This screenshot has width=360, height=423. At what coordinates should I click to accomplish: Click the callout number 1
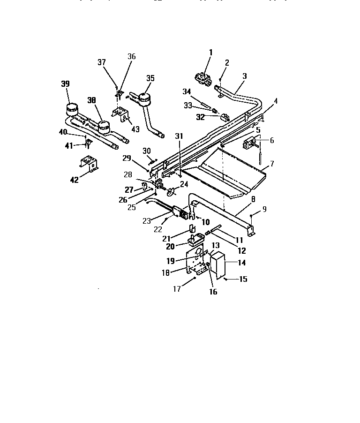point(210,53)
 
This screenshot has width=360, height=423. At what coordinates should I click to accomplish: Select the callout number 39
point(65,84)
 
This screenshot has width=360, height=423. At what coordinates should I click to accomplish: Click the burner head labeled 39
point(71,109)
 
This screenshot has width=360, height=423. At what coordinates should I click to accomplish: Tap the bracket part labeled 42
point(89,164)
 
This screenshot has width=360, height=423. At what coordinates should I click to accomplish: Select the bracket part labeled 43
point(121,114)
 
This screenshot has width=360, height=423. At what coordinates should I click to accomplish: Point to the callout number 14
point(241,263)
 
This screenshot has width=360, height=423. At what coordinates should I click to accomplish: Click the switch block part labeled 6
point(249,144)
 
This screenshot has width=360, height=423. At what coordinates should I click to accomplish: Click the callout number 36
point(131,57)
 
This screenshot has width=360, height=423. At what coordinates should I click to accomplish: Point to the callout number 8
point(253,199)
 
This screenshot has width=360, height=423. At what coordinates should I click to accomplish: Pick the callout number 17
point(177,289)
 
